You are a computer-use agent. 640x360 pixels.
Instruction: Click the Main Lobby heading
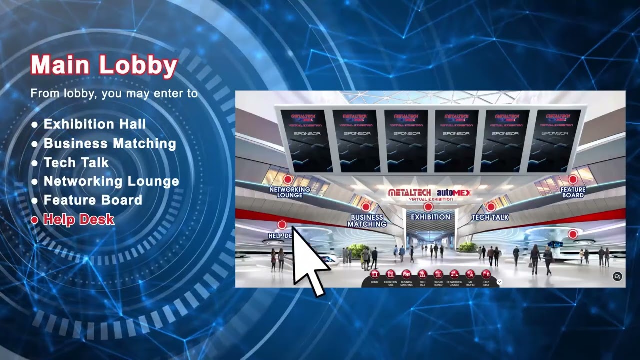coord(104,65)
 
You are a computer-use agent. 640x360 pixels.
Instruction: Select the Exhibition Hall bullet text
coord(95,124)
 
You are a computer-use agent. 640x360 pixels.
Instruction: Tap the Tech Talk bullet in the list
coord(76,162)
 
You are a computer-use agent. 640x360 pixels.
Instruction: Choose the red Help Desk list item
coord(79,219)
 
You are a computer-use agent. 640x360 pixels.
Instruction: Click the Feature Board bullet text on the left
coord(93,200)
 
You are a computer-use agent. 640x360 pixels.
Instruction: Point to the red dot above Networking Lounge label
coord(288,179)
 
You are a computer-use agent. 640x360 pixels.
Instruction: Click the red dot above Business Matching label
coord(366,207)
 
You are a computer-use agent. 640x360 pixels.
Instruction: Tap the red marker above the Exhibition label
coord(428,207)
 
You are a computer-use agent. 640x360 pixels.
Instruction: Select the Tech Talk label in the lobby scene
coord(490,217)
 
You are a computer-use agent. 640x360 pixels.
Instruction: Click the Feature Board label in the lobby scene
coord(573,192)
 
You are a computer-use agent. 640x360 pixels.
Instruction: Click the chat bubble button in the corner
coord(617,276)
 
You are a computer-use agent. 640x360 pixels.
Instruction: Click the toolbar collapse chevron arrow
coord(499,282)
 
